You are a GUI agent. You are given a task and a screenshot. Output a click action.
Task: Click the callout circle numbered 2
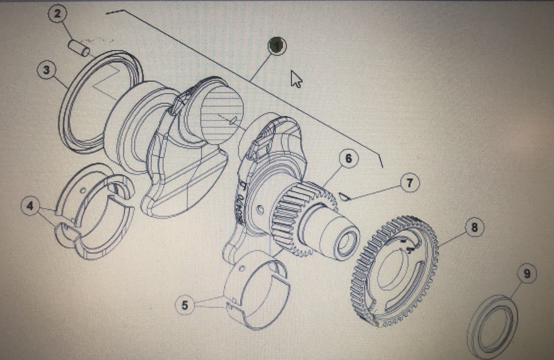(x=58, y=14)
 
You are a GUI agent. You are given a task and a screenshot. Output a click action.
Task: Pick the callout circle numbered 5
(x=185, y=305)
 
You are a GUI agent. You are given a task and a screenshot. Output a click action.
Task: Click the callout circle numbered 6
(x=349, y=159)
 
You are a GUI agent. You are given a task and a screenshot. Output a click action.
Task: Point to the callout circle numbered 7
(x=410, y=183)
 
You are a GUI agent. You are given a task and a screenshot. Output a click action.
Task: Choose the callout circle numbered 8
(x=474, y=228)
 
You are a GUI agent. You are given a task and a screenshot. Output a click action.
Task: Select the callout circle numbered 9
(x=527, y=274)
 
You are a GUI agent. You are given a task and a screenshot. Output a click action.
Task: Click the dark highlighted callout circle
(x=277, y=46)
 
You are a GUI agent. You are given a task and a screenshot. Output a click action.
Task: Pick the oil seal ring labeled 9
(x=493, y=326)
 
